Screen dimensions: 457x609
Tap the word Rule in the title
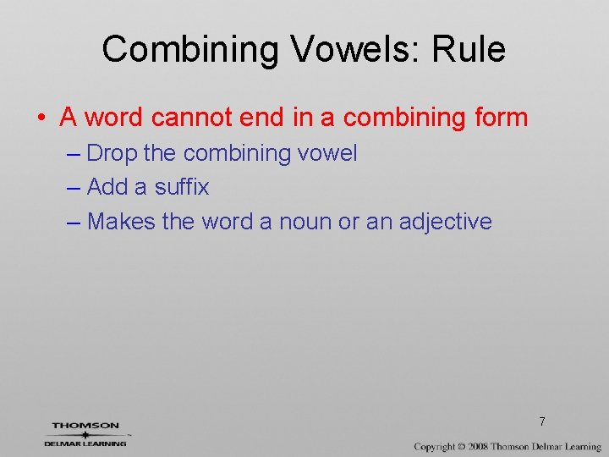[469, 50]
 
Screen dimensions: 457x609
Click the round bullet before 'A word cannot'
[41, 117]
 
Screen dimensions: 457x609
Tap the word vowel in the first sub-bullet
[326, 153]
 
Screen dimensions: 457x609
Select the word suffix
[180, 187]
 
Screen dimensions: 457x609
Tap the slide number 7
[541, 421]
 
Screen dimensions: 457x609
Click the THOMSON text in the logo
[85, 426]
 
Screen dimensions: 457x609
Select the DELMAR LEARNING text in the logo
[85, 443]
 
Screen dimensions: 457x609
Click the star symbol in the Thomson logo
[85, 434]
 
